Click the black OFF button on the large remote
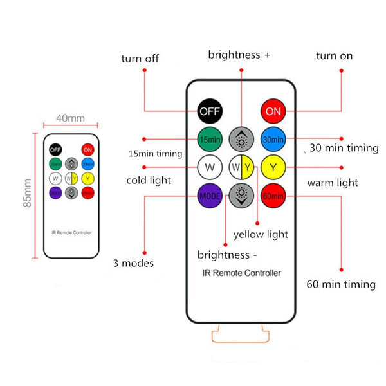pyautogui.click(x=210, y=111)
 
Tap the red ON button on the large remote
pyautogui.click(x=273, y=111)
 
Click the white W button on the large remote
pyautogui.click(x=210, y=169)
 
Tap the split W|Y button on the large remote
pyautogui.click(x=242, y=169)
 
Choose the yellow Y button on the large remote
pyautogui.click(x=273, y=169)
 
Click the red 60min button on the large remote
pyautogui.click(x=273, y=195)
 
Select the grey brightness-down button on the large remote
pyautogui.click(x=242, y=195)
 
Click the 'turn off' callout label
pyautogui.click(x=140, y=59)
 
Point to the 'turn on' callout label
pyautogui.click(x=334, y=56)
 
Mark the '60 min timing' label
pyautogui.click(x=341, y=284)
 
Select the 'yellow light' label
pyautogui.click(x=261, y=234)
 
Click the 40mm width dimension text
pyautogui.click(x=71, y=118)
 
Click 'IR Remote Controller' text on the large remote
pyautogui.click(x=242, y=273)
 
